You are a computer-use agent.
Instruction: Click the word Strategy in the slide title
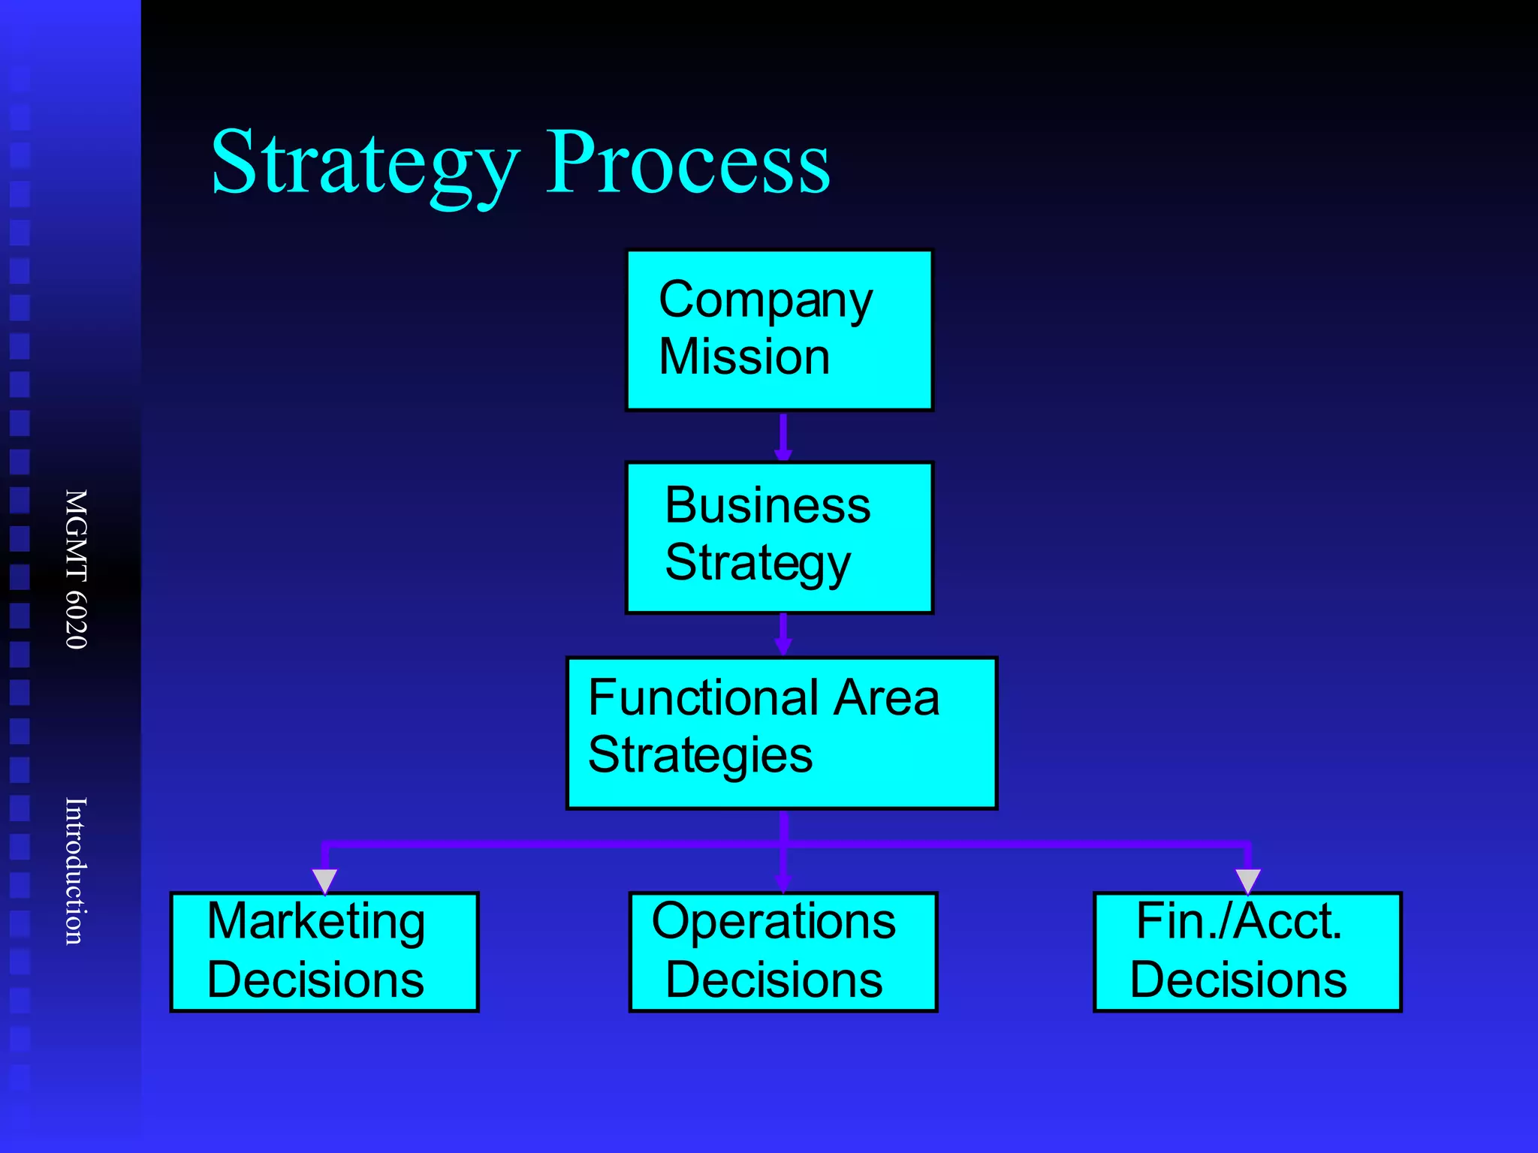[365, 164]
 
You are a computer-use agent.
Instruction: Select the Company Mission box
[779, 330]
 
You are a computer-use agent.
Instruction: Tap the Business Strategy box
[779, 537]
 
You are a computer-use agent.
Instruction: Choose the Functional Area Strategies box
[781, 733]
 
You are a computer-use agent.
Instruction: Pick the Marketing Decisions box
[324, 952]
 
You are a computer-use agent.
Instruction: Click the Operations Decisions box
[783, 952]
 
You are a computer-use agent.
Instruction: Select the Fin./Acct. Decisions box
[1247, 952]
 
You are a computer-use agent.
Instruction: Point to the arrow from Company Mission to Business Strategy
[783, 436]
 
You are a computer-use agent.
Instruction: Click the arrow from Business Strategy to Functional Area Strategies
[783, 635]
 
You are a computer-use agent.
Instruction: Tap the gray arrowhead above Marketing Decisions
[324, 880]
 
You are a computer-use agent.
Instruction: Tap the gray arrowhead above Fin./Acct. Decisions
[1247, 880]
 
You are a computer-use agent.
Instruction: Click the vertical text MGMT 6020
[76, 569]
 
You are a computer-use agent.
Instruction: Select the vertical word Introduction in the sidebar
[76, 871]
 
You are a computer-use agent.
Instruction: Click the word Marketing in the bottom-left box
[315, 921]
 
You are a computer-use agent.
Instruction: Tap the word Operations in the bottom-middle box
[774, 921]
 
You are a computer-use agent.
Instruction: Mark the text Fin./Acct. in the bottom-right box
[1238, 921]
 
